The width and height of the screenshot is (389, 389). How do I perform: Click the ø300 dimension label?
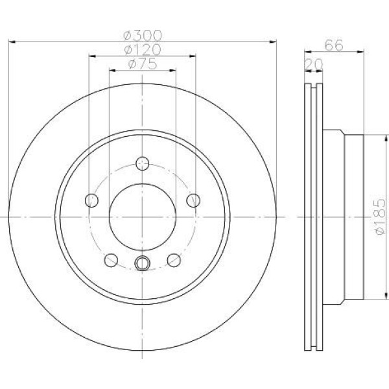(143, 36)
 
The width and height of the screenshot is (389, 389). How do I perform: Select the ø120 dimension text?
(143, 50)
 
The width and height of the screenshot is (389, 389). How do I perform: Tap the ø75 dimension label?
(143, 64)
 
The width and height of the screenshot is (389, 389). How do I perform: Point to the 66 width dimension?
(334, 45)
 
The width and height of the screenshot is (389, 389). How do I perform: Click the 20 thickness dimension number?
(314, 64)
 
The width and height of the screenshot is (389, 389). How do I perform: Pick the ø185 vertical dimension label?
(380, 217)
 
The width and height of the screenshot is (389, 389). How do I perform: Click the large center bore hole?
(143, 217)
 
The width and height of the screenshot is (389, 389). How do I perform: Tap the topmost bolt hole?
(143, 163)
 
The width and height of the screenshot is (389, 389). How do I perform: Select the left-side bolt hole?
(91, 200)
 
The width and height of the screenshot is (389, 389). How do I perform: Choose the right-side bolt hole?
(193, 200)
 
